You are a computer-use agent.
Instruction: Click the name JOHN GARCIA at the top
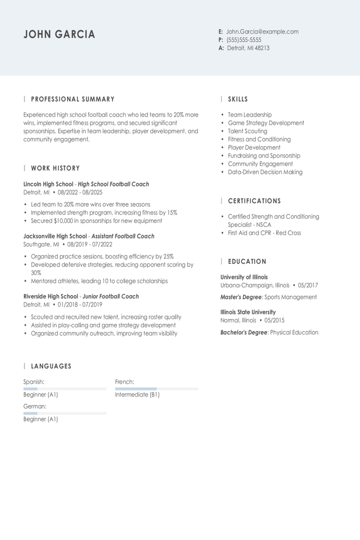coord(59,34)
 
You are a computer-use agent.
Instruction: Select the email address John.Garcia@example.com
coord(262,32)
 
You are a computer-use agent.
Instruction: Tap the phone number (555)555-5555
coord(244,40)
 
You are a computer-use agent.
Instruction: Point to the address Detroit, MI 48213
coord(248,48)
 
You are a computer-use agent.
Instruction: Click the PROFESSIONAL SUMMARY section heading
coord(73,99)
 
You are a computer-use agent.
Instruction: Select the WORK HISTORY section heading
coord(55,168)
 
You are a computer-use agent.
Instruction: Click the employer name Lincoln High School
coord(48,184)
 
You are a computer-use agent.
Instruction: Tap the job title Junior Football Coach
coord(111,296)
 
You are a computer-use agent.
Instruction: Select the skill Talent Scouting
coord(247,131)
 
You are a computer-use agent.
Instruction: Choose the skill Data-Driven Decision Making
coord(265,172)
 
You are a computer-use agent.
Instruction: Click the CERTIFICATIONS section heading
coord(255,201)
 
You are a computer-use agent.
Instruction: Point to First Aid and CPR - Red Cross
coord(264,233)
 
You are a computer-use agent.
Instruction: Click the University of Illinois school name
coord(244,277)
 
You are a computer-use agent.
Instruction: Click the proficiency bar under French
coord(157,389)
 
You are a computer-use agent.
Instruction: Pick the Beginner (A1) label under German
coord(41,419)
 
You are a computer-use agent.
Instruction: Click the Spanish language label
coord(34,382)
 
